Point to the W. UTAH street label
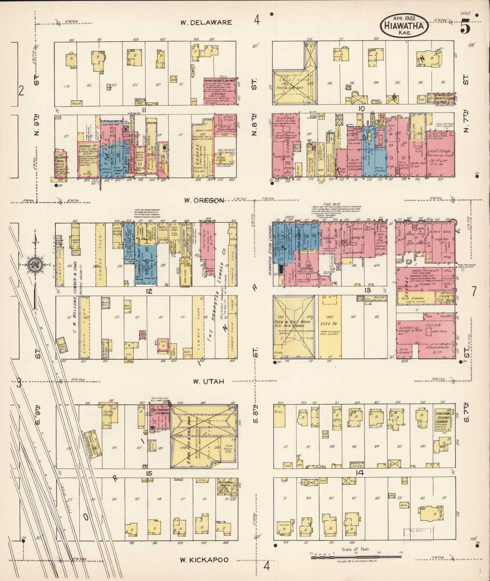(x=208, y=381)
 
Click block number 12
(x=149, y=291)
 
